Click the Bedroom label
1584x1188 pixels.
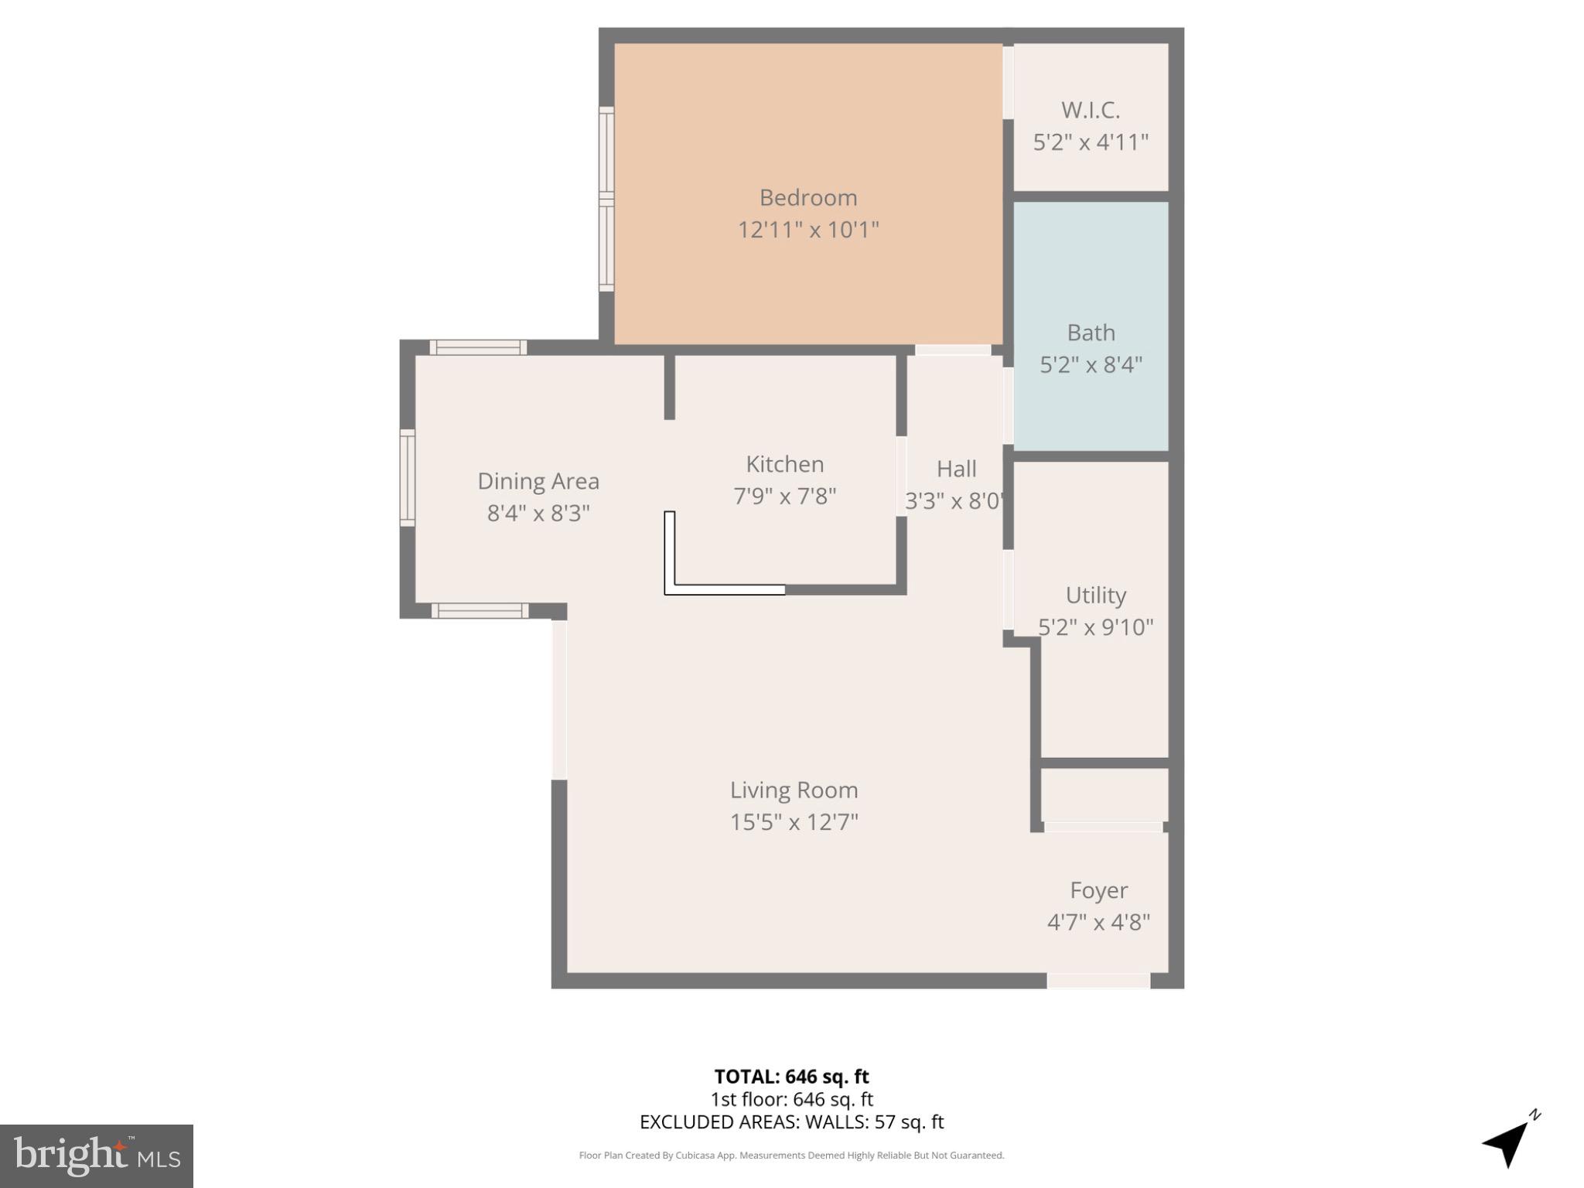pos(807,198)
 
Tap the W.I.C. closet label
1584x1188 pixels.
pos(1090,111)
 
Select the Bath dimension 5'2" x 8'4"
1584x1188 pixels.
pos(1091,364)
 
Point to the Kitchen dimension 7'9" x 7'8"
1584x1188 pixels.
pos(784,496)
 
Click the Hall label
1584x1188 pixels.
pos(956,469)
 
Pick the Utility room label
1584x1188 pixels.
pos(1095,595)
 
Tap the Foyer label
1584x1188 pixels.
pos(1098,890)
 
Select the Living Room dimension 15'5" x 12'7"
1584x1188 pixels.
pos(794,821)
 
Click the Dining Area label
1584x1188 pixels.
pos(538,481)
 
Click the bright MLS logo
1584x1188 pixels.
pos(97,1156)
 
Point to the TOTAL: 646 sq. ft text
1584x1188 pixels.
pos(791,1077)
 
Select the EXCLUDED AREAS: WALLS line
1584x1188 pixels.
pos(791,1121)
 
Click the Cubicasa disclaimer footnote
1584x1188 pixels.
pos(791,1156)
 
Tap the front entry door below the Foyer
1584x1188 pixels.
pos(1098,981)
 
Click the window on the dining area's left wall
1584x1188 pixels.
pos(408,478)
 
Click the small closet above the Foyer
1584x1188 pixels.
pos(1104,794)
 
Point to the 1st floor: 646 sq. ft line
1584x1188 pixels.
pos(791,1099)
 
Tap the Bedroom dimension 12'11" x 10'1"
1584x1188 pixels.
pos(807,230)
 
